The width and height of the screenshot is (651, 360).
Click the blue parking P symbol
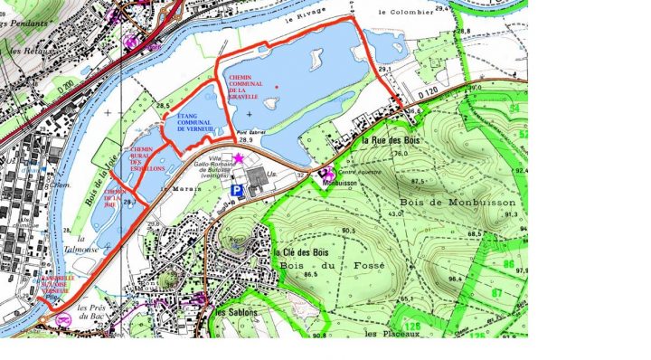pyautogui.click(x=237, y=191)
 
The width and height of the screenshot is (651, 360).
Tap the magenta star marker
pyautogui.click(x=238, y=159)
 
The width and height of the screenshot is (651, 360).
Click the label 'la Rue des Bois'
pyautogui.click(x=391, y=142)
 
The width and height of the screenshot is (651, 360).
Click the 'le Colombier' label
pyautogui.click(x=401, y=12)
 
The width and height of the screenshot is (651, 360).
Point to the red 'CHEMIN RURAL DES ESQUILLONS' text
pyautogui.click(x=147, y=161)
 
